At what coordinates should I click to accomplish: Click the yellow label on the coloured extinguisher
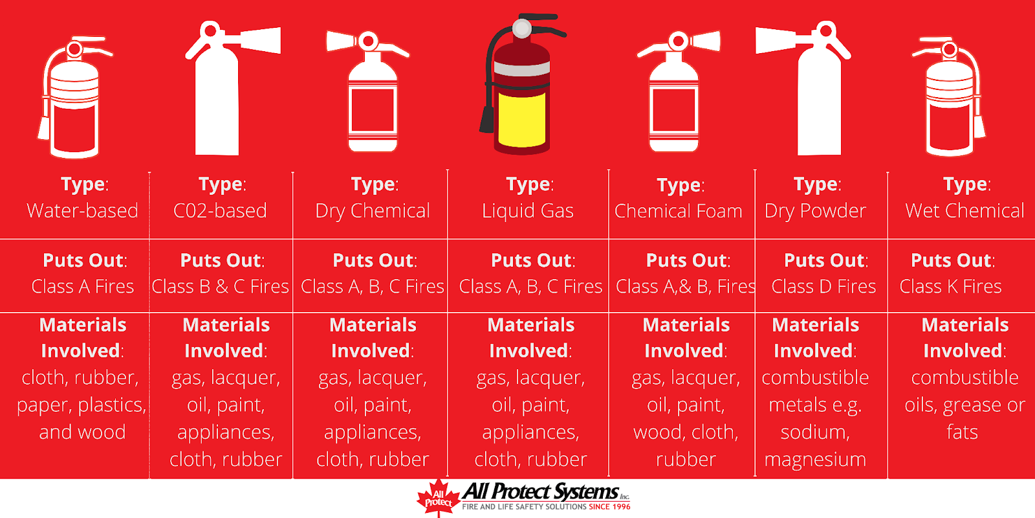pos(521,119)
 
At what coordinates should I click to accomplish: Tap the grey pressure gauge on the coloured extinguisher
pos(522,28)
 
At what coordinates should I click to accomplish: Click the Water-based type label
pos(82,211)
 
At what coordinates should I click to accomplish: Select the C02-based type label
pos(220,211)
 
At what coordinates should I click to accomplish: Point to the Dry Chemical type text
pos(373,211)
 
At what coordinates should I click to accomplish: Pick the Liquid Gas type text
pos(528,211)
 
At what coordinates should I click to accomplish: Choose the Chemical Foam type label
pos(679,211)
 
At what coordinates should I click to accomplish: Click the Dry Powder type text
pos(815,211)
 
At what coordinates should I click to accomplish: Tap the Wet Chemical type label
pos(964,211)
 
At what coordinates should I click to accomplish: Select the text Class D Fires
pos(823,287)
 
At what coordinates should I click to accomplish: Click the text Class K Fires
pos(950,287)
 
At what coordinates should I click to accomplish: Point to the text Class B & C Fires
pos(221,287)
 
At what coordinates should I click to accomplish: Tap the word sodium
pos(815,433)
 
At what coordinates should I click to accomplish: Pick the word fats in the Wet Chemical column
pos(962,433)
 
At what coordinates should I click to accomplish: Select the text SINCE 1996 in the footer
pos(609,507)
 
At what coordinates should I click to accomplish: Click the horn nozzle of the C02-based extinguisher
pos(260,39)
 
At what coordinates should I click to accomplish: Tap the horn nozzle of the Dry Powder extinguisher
pos(776,39)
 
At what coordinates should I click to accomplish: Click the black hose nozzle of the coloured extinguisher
pos(487,119)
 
